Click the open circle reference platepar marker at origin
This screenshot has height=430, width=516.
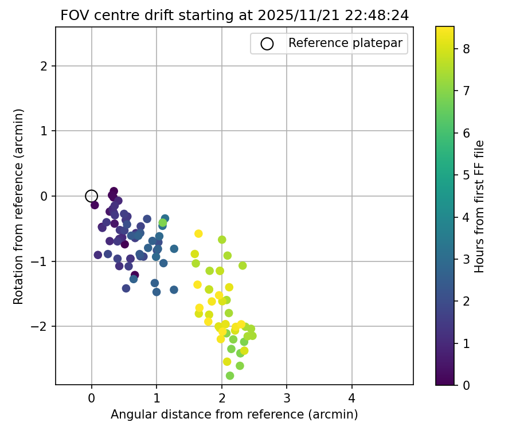click(91, 196)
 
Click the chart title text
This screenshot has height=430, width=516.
click(234, 15)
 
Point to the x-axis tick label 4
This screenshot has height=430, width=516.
click(352, 398)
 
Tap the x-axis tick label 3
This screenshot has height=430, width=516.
click(287, 398)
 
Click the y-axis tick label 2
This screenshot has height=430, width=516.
click(44, 66)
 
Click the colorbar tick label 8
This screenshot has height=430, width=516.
click(467, 49)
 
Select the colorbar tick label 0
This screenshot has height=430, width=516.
click(467, 385)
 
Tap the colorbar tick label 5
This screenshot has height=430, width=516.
click(467, 175)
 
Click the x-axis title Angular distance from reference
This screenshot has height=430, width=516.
click(234, 414)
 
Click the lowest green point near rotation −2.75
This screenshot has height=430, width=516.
click(230, 376)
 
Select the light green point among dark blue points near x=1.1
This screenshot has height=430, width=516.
click(163, 222)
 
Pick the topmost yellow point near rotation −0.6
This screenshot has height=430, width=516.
click(198, 233)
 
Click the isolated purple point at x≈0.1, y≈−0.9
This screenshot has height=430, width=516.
click(98, 255)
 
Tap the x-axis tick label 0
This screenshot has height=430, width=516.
click(91, 398)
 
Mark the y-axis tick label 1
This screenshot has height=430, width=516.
click(44, 131)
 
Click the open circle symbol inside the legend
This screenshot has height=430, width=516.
click(267, 44)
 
